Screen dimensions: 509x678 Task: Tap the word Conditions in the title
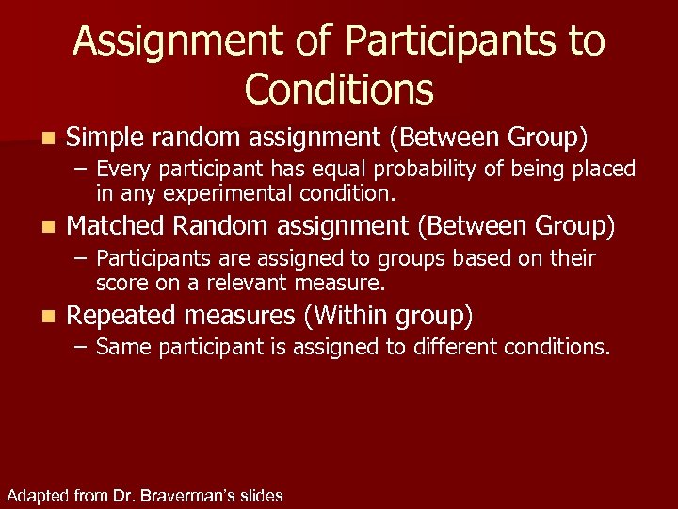click(339, 90)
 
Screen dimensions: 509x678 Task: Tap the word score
click(121, 283)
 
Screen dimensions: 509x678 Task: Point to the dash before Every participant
click(82, 169)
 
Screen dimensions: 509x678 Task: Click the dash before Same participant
click(82, 347)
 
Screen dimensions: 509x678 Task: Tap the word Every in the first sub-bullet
click(120, 169)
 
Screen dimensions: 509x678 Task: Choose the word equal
click(319, 169)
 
